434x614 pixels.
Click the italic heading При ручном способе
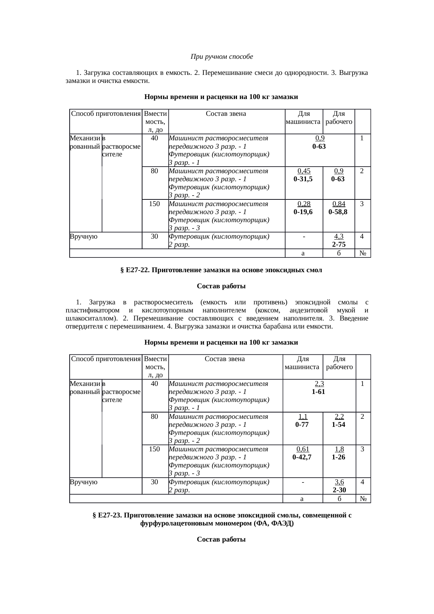222,56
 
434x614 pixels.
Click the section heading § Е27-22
221,270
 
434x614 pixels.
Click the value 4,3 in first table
339,237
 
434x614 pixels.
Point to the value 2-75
339,245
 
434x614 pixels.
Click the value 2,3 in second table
319,384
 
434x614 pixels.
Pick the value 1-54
339,425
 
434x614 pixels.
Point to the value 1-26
339,457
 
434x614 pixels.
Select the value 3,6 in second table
339,482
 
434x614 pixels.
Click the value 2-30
339,490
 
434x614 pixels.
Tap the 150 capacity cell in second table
154,449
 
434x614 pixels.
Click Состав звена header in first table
226,114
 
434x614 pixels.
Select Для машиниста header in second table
302,363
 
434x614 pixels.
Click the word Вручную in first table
84,237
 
